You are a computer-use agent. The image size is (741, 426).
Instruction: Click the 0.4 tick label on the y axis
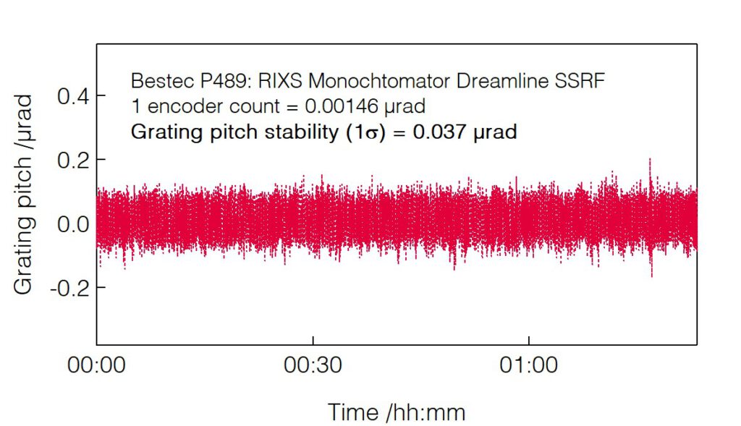click(x=72, y=95)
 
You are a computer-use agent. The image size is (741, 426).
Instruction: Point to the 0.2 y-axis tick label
click(x=72, y=159)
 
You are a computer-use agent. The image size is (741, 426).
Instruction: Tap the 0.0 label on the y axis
click(x=72, y=223)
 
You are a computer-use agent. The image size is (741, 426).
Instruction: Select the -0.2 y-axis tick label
click(x=69, y=287)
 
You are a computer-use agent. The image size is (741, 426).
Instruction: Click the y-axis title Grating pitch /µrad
click(x=24, y=193)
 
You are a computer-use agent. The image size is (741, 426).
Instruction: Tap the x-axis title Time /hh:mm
click(x=397, y=412)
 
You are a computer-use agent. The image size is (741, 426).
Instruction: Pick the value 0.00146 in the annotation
click(x=339, y=106)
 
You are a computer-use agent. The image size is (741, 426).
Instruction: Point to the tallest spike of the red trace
click(x=650, y=159)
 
